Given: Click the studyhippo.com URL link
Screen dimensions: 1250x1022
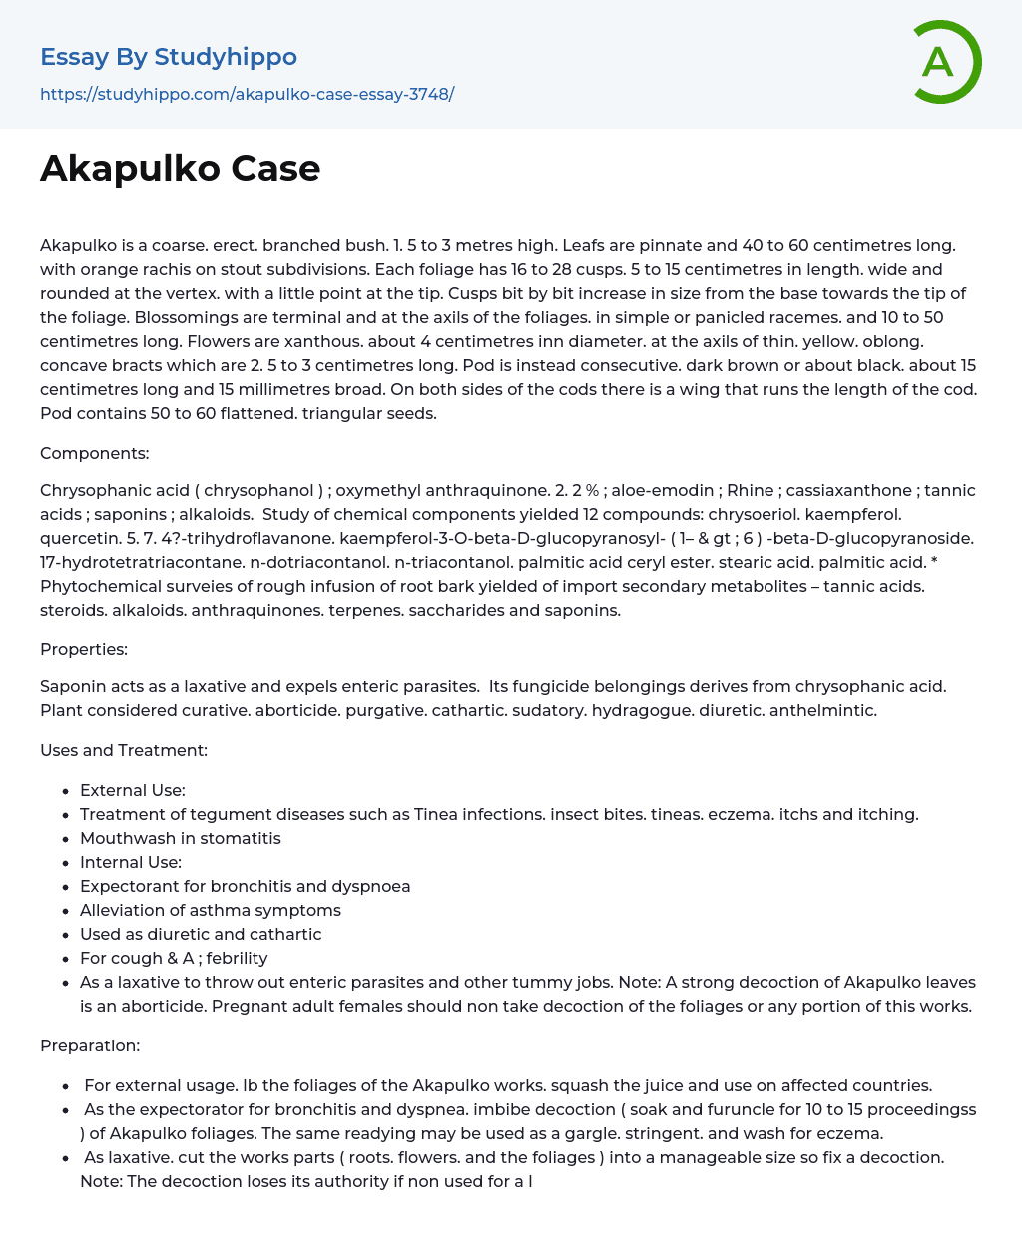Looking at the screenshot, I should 247,95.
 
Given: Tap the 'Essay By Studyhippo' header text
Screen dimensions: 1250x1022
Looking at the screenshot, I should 169,57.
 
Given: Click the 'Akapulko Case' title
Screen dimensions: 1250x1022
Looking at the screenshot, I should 180,169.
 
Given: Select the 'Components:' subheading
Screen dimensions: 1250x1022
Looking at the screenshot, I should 94,454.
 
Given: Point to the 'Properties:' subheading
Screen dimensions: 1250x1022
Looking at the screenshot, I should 84,650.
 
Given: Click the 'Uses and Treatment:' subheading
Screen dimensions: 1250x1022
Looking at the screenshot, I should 124,750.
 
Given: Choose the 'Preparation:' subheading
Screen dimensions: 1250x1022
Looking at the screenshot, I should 90,1045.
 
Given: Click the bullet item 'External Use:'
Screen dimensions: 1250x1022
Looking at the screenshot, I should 133,790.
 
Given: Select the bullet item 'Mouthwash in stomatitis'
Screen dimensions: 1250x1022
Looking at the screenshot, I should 180,838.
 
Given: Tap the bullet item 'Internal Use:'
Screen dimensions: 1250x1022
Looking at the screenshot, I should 131,862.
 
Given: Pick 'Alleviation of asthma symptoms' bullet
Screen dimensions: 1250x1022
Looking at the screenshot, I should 211,910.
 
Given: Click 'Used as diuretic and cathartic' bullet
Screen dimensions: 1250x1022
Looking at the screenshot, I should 201,934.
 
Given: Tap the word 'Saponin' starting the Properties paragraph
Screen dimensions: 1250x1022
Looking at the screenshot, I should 72,686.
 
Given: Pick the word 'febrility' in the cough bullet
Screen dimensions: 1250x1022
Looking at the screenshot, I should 237,958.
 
